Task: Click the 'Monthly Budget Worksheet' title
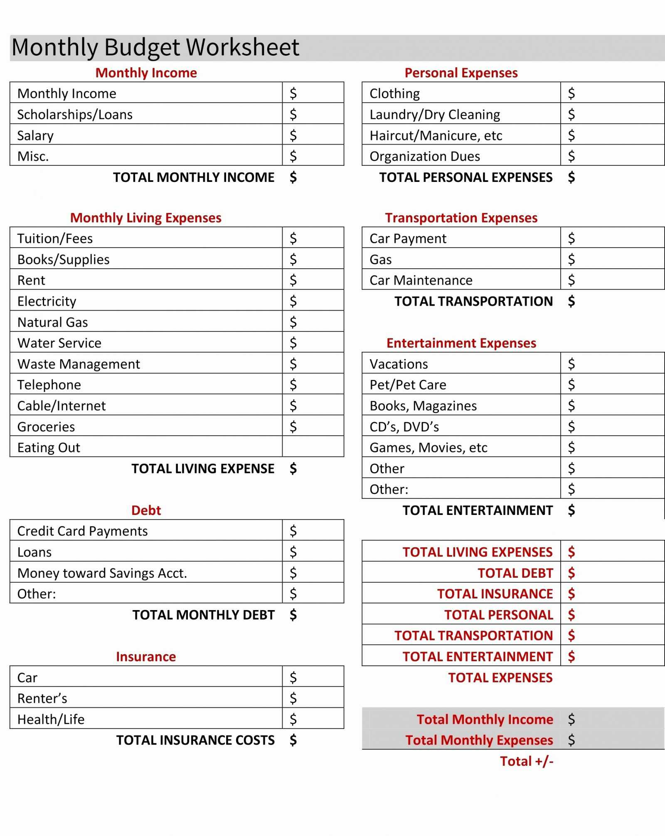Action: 155,47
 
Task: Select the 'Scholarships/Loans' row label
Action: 75,114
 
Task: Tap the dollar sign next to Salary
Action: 293,135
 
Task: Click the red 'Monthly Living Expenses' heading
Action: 145,218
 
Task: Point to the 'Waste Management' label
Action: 79,364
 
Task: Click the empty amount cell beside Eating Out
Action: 313,447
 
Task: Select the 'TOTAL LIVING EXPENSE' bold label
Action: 203,468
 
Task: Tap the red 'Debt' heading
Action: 146,510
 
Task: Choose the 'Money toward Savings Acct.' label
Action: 102,573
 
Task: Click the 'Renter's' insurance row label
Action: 42,698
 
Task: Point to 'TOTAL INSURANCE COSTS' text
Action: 195,740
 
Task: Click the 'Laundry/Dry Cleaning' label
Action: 435,114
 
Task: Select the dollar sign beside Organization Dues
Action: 571,156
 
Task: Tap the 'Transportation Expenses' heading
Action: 461,218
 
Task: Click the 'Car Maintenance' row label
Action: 421,280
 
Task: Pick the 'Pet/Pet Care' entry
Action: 408,385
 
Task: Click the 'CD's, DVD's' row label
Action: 404,427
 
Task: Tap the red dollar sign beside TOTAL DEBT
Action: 571,573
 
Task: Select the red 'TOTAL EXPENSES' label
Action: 500,677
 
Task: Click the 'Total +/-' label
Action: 526,761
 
